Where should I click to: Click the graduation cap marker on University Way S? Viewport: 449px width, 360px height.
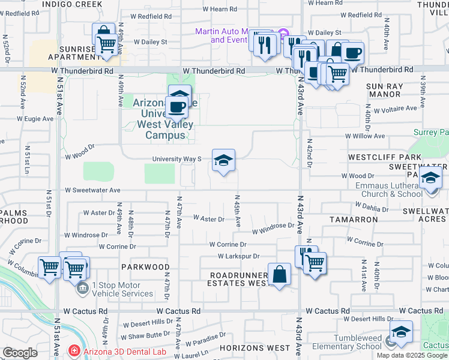[x=223, y=161]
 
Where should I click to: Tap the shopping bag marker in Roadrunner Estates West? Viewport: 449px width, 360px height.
[x=280, y=275]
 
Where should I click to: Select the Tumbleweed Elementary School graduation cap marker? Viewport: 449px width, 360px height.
[x=401, y=332]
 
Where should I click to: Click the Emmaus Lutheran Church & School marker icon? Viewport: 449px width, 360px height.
[x=430, y=179]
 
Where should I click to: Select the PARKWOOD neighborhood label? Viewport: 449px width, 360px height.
[x=145, y=266]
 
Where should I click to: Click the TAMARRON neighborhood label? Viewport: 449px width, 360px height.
[x=354, y=220]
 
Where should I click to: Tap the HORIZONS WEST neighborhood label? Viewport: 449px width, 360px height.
[x=255, y=348]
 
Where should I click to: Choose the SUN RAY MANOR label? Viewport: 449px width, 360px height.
[x=384, y=90]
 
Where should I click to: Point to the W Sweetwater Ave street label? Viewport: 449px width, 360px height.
[x=93, y=190]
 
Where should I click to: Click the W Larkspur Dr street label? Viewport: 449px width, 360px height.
[x=238, y=256]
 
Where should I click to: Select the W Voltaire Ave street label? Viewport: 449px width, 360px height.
[x=395, y=109]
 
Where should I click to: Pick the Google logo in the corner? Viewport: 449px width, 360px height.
[x=20, y=353]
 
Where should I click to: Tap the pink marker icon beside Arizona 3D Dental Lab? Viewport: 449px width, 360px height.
[x=74, y=350]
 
